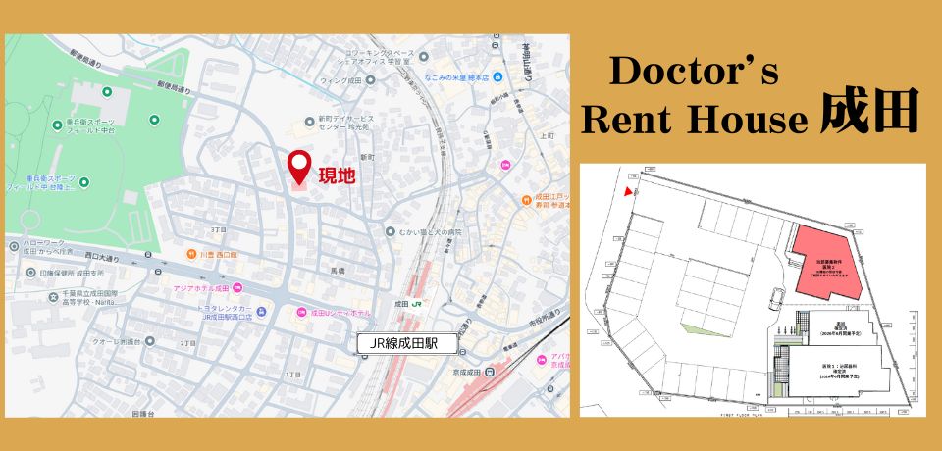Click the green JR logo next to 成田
click(x=416, y=304)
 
